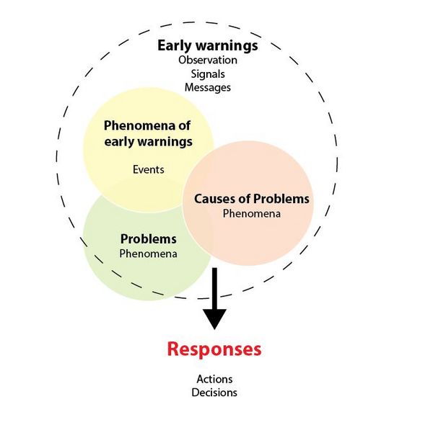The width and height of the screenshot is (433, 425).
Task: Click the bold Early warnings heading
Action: (x=208, y=46)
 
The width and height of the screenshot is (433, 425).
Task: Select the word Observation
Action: (x=208, y=61)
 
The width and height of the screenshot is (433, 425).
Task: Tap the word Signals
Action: (x=208, y=73)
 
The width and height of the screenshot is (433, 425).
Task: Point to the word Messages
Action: (x=208, y=87)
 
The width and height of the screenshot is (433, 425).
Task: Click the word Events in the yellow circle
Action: (x=149, y=170)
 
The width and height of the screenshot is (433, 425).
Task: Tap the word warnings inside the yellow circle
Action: (x=167, y=141)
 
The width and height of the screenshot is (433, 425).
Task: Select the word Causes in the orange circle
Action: (x=215, y=198)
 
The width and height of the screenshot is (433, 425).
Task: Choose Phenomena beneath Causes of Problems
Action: (x=251, y=213)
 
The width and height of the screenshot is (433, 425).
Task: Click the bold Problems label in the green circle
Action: (x=148, y=238)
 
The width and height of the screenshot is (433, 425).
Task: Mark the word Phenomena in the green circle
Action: (x=148, y=253)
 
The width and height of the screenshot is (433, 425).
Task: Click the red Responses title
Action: (x=214, y=350)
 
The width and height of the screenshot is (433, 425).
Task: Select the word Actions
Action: (x=214, y=379)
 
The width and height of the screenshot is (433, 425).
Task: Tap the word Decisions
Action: (x=214, y=393)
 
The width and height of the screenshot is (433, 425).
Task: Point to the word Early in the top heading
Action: (x=173, y=46)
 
